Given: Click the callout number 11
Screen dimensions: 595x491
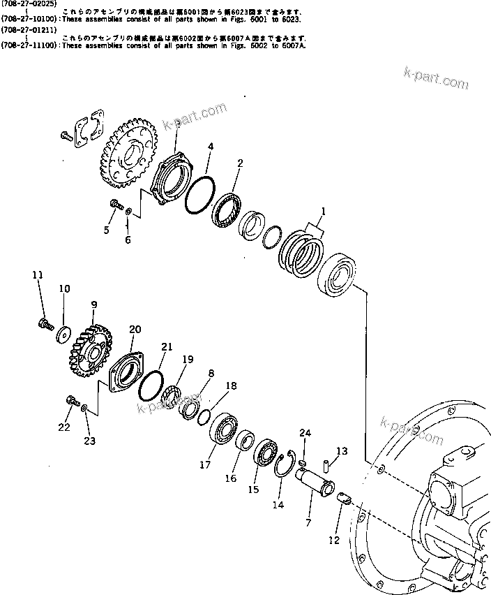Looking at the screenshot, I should pyautogui.click(x=38, y=274).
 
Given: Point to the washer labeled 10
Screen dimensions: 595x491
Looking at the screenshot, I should pyautogui.click(x=63, y=332).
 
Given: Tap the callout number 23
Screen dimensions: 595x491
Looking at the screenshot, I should pyautogui.click(x=90, y=441).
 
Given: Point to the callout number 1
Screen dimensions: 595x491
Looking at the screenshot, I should pyautogui.click(x=323, y=211).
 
